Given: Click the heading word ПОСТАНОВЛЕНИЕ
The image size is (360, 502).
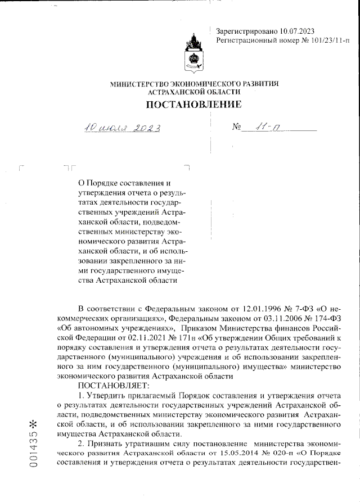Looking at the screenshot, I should click(194, 104).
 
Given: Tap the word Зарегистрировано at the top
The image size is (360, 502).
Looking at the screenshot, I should click(242, 31).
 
